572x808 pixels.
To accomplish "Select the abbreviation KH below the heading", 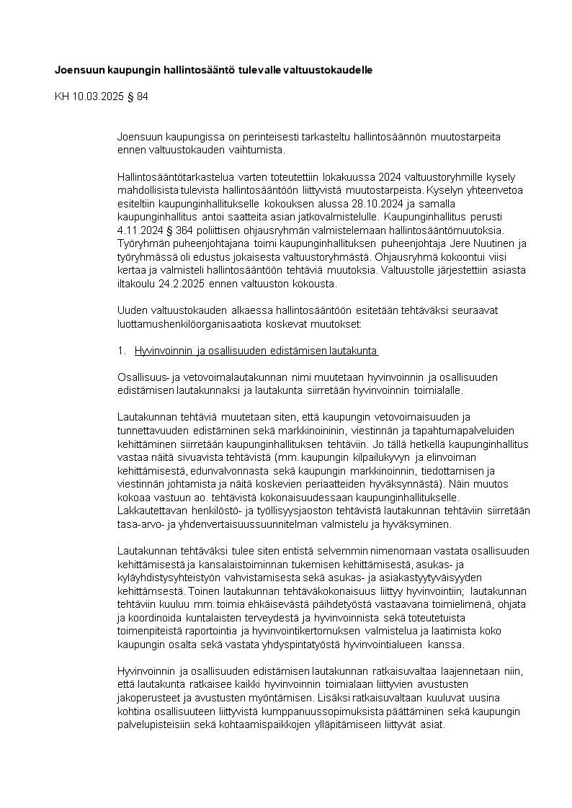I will (x=62, y=96).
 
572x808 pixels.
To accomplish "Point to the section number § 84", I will (x=137, y=96).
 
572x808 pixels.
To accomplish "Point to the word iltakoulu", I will (x=140, y=283).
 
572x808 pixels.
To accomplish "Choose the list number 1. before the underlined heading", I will (x=121, y=351).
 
